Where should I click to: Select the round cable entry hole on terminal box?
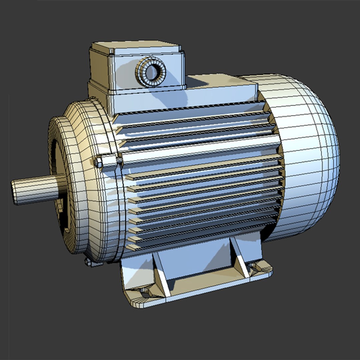152,72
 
